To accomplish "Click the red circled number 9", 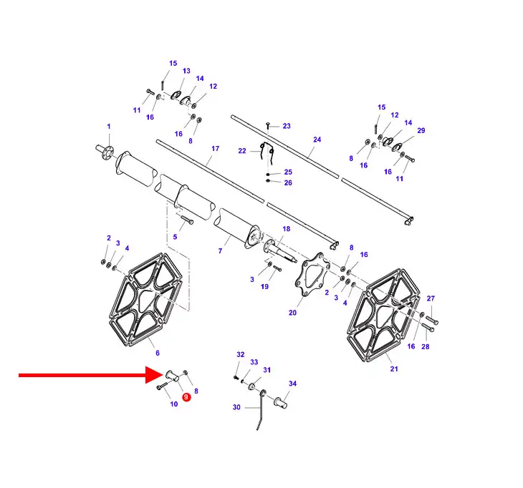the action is pyautogui.click(x=186, y=397).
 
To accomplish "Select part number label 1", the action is pyautogui.click(x=109, y=127).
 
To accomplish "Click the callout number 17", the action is pyautogui.click(x=216, y=149).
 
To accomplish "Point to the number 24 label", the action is pyautogui.click(x=317, y=140).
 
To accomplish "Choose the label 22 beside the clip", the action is pyautogui.click(x=242, y=151).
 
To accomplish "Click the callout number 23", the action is pyautogui.click(x=287, y=126).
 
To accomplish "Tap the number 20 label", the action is pyautogui.click(x=292, y=313).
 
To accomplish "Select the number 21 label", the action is pyautogui.click(x=394, y=369).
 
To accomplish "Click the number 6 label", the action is pyautogui.click(x=158, y=353).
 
